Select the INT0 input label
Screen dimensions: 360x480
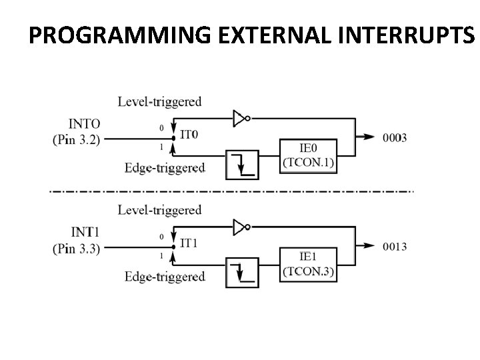coord(85,124)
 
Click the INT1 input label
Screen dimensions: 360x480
coord(85,233)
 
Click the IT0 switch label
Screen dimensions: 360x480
coord(189,135)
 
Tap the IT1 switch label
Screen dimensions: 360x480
coord(189,243)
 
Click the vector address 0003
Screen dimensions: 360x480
coord(395,138)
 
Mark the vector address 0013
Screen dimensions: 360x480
coord(395,247)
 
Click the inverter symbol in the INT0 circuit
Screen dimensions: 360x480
coord(241,119)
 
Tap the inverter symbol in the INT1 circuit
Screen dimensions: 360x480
coord(241,227)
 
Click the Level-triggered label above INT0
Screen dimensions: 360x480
coord(159,102)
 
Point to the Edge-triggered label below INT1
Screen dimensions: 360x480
coord(165,276)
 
